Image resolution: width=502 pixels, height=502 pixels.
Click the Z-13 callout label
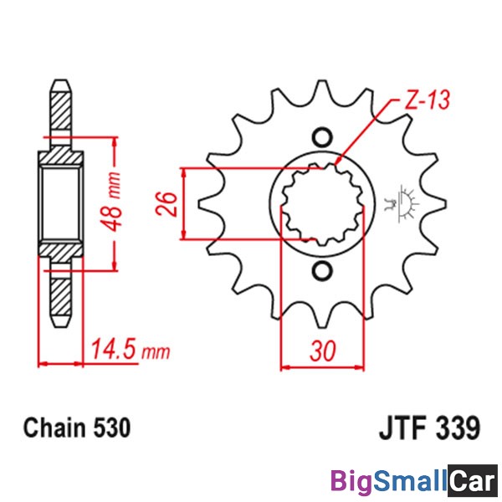click(427, 100)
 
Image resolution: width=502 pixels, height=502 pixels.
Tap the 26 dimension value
click(166, 204)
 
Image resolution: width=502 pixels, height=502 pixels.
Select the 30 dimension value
click(323, 351)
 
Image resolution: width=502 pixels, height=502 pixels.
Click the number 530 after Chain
click(112, 428)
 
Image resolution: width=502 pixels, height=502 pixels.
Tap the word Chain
click(54, 428)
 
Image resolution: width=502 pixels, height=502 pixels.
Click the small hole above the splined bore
click(322, 138)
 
